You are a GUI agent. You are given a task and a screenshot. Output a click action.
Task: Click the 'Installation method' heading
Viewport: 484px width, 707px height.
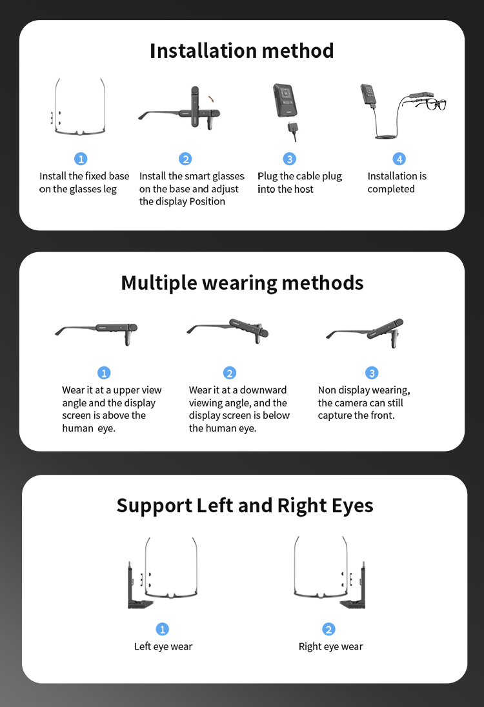point(242,50)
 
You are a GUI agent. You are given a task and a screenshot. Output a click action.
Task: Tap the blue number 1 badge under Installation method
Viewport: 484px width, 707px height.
point(81,159)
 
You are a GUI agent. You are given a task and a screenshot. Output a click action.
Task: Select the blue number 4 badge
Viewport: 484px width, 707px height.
point(399,159)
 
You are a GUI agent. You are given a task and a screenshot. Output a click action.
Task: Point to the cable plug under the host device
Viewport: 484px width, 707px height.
point(292,132)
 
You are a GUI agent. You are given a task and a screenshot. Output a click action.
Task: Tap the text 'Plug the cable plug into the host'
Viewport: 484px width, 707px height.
point(299,183)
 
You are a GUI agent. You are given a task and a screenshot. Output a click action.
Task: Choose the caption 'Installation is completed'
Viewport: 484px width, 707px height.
point(397,183)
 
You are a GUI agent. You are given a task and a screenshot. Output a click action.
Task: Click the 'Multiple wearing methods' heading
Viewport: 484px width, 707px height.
point(242,283)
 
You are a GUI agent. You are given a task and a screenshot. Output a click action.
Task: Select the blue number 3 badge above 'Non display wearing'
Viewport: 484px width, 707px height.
point(372,373)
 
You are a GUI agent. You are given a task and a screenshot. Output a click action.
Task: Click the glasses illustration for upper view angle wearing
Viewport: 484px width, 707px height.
point(96,334)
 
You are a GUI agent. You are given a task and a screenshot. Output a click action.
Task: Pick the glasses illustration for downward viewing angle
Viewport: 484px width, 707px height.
point(228,331)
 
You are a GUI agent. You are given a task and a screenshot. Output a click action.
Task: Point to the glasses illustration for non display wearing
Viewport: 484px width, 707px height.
point(365,333)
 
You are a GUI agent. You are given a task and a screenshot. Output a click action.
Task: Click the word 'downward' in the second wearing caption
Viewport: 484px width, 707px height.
point(263,390)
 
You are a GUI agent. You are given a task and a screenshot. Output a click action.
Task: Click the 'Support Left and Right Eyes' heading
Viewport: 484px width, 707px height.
point(245,506)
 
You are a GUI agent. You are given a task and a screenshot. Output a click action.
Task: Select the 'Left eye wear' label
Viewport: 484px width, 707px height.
point(163,646)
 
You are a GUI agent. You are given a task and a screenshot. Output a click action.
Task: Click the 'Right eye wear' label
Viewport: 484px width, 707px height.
point(330,646)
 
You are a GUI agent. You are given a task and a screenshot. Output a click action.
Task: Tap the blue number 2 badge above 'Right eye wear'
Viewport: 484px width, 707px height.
point(329,629)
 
